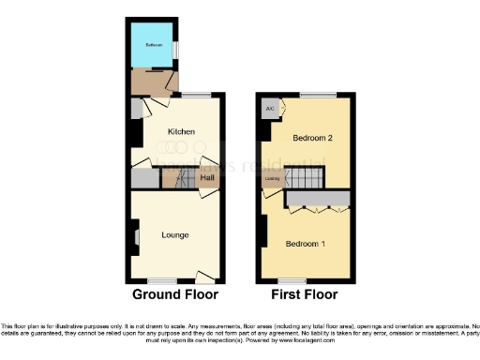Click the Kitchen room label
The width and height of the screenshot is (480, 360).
(181, 132)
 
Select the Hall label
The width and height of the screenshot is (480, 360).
(206, 176)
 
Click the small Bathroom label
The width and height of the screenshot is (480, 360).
(153, 45)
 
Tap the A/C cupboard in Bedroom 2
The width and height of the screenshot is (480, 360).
(270, 109)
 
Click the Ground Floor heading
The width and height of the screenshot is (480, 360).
(175, 294)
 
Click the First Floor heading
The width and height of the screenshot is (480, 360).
(304, 294)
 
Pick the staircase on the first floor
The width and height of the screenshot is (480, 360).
(302, 177)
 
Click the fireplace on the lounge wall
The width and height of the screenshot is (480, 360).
(135, 235)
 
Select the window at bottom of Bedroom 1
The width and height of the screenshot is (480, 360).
(292, 280)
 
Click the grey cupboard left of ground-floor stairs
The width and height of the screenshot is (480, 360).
(143, 178)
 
